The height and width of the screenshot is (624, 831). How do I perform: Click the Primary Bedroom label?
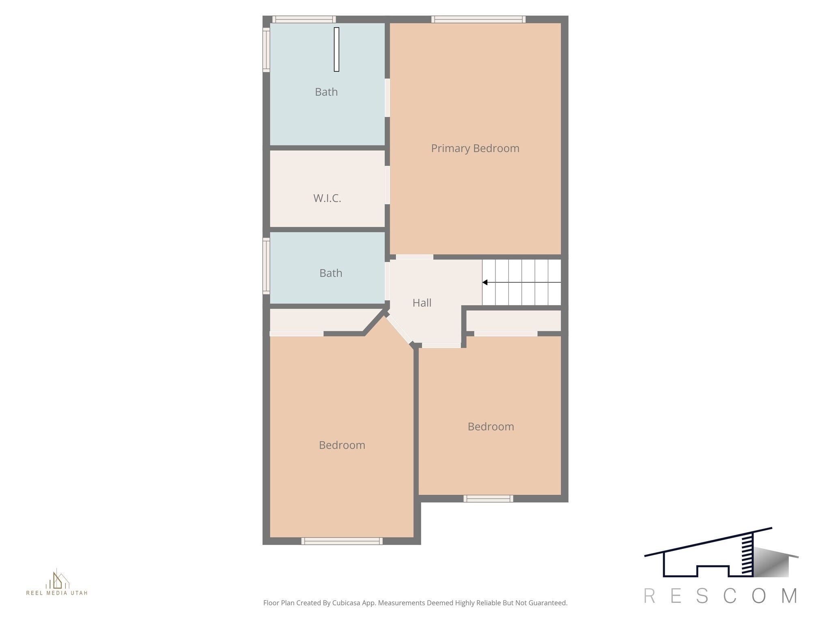click(475, 148)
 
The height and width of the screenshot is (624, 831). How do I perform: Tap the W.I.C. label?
click(327, 198)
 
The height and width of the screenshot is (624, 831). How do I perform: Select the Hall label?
click(422, 303)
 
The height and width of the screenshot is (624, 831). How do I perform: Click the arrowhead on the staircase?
click(484, 282)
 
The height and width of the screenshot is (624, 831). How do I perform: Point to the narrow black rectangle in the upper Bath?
click(336, 49)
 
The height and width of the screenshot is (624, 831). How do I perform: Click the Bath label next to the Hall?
click(331, 273)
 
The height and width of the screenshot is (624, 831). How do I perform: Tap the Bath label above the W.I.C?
click(326, 92)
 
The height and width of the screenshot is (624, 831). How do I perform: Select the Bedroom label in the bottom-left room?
click(342, 445)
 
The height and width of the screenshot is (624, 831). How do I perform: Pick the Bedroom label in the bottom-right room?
click(491, 427)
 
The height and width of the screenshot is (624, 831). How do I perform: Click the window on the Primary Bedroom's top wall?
click(478, 19)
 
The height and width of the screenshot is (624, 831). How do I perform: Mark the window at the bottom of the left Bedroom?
click(342, 541)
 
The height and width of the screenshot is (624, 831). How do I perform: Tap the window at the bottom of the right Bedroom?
click(488, 498)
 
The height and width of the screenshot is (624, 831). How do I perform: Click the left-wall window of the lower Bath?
click(266, 266)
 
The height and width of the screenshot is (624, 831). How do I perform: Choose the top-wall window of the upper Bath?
click(304, 19)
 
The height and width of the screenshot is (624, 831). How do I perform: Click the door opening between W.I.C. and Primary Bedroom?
click(387, 185)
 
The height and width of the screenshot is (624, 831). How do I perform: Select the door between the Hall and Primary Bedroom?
click(414, 257)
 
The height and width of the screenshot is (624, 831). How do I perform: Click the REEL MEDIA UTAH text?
click(57, 593)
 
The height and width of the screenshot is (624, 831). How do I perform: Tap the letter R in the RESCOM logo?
click(649, 596)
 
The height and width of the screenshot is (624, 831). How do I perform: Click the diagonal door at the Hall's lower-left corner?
click(399, 329)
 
